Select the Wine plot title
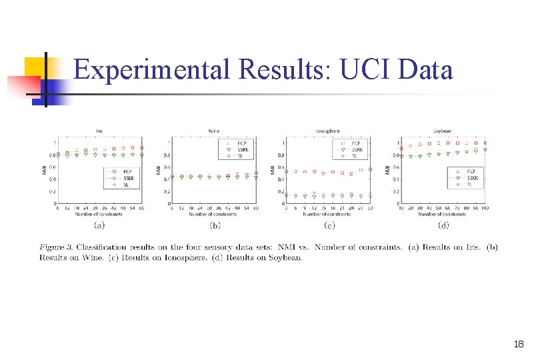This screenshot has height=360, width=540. coord(213,131)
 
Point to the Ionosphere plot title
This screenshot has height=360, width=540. coord(327,131)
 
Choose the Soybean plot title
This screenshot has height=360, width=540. coord(442,131)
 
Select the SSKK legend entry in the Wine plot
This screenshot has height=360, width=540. coord(245,150)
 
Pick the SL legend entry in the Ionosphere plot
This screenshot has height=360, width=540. coord(357,155)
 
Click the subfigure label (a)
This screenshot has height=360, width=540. coord(100,225)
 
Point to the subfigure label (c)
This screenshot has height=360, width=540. coord(329,225)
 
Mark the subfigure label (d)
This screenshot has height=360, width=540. coord(443,225)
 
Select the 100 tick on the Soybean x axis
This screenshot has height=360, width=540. coord(485,209)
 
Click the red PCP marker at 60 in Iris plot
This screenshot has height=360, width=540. coord(142,147)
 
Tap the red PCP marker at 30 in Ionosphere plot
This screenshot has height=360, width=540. coord(370,169)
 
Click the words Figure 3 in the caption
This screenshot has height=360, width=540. coord(57,248)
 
